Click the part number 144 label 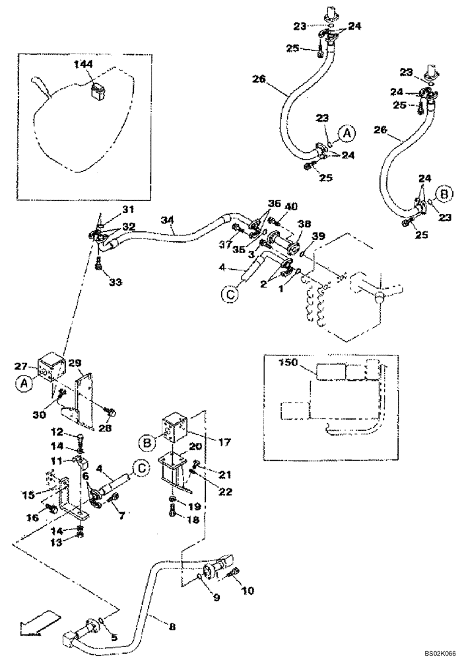click(84, 64)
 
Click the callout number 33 click(115, 282)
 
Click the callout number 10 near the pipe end click(247, 590)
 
